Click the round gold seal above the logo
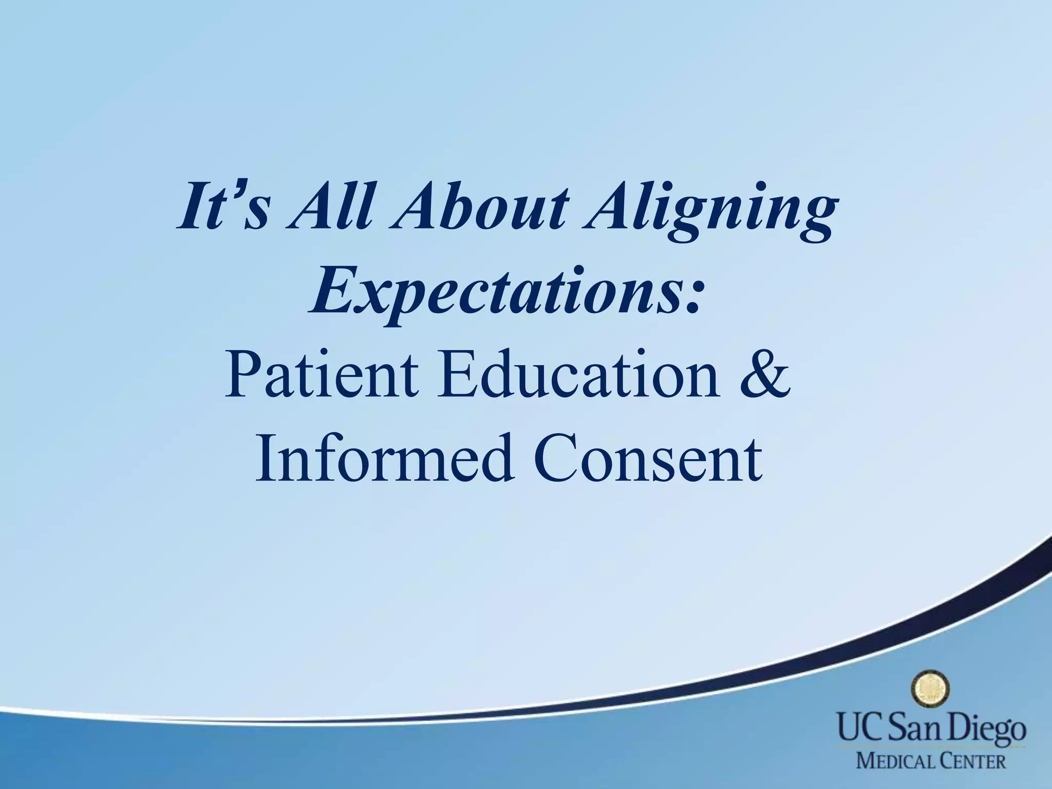click(x=930, y=689)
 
